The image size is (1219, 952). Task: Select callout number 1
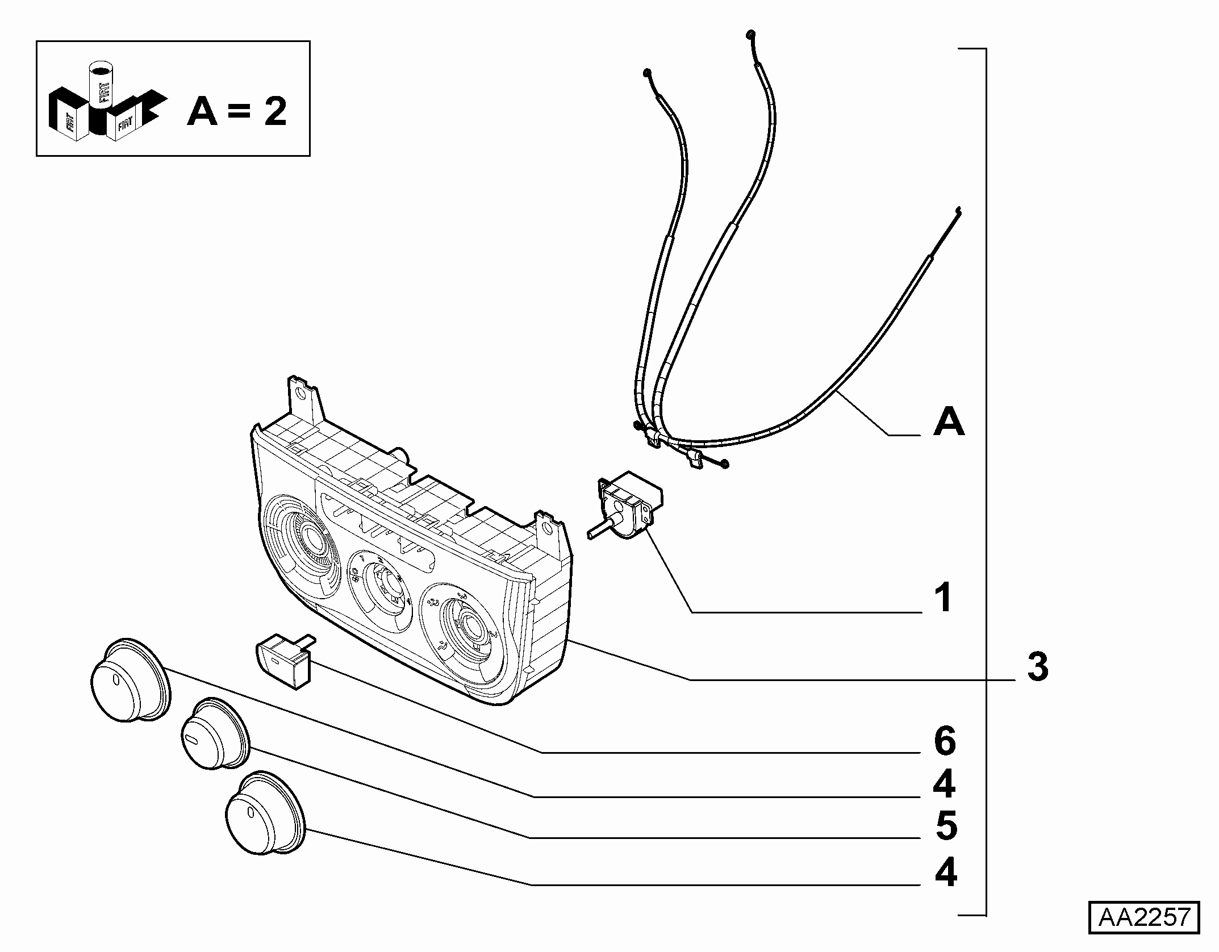(x=944, y=598)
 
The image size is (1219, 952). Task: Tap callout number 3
(x=1038, y=667)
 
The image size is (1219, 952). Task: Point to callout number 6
(x=945, y=741)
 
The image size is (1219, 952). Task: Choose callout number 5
(x=946, y=826)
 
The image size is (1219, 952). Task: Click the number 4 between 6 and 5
(x=944, y=784)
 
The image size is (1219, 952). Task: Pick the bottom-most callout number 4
(x=946, y=872)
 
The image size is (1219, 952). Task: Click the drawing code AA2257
(x=1144, y=933)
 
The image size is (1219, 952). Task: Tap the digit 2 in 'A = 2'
(x=275, y=111)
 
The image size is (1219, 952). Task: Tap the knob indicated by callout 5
(x=215, y=734)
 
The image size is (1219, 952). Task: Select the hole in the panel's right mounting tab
(x=546, y=529)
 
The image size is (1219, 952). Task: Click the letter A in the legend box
(x=203, y=111)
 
